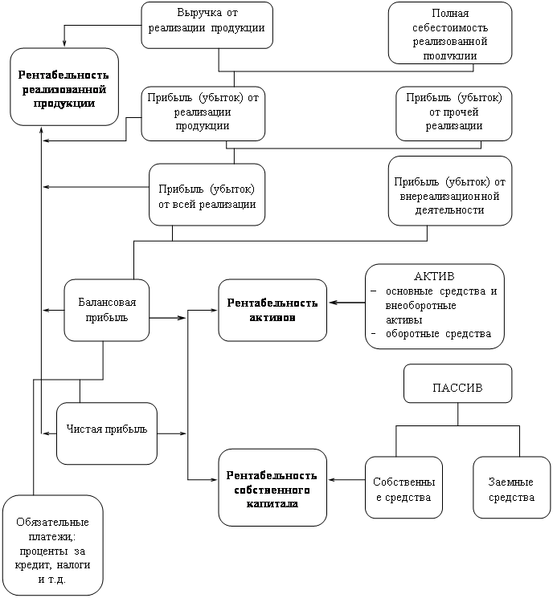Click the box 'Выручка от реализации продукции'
pyautogui.click(x=207, y=25)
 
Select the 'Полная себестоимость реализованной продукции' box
pyautogui.click(x=450, y=33)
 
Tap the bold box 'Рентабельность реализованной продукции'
pyautogui.click(x=64, y=87)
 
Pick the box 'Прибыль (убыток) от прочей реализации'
pyautogui.click(x=453, y=114)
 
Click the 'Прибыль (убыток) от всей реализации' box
pyautogui.click(x=207, y=194)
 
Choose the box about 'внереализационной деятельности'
pyautogui.click(x=450, y=191)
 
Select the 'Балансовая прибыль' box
pyautogui.click(x=107, y=310)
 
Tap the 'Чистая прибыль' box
pyautogui.click(x=107, y=433)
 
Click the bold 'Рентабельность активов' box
pyautogui.click(x=272, y=310)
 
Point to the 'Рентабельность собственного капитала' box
pyautogui.click(x=272, y=487)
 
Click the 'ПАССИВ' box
pyautogui.click(x=457, y=384)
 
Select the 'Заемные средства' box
pyautogui.click(x=512, y=487)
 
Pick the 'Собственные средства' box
pyautogui.click(x=403, y=487)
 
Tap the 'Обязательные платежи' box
pyautogui.click(x=53, y=545)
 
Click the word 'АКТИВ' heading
pyautogui.click(x=434, y=276)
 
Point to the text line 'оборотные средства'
pyautogui.click(x=438, y=334)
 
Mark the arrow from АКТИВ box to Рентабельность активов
pyautogui.click(x=347, y=303)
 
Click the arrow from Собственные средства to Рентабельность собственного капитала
pyautogui.click(x=346, y=480)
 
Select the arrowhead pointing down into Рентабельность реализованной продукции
pyautogui.click(x=64, y=43)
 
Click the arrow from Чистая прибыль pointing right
pyautogui.click(x=171, y=433)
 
